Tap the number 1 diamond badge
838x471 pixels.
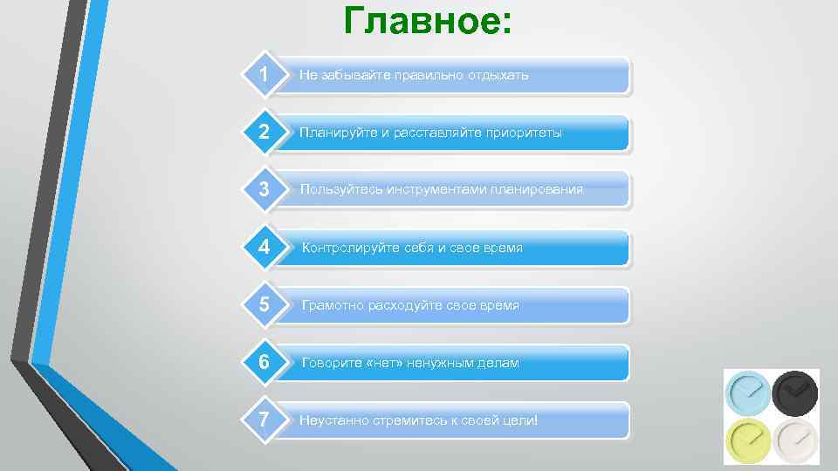(264, 75)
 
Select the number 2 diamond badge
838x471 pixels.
(264, 133)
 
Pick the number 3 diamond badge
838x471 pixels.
(264, 189)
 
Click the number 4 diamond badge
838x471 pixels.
(264, 247)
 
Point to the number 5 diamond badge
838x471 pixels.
(264, 304)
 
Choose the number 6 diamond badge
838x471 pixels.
(264, 362)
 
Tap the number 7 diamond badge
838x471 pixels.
(264, 420)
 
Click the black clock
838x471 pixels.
(795, 392)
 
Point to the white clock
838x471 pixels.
(795, 440)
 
